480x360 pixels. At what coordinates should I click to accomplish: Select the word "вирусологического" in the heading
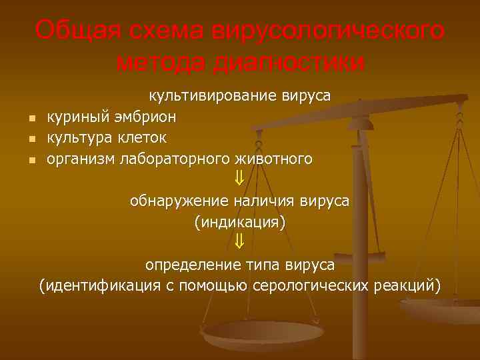(x=327, y=31)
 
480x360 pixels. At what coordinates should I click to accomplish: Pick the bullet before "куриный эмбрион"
(x=31, y=119)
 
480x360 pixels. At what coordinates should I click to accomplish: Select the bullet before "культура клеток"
(x=31, y=140)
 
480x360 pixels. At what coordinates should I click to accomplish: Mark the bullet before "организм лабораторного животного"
(x=31, y=161)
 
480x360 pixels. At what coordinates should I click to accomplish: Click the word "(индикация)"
(x=239, y=221)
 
